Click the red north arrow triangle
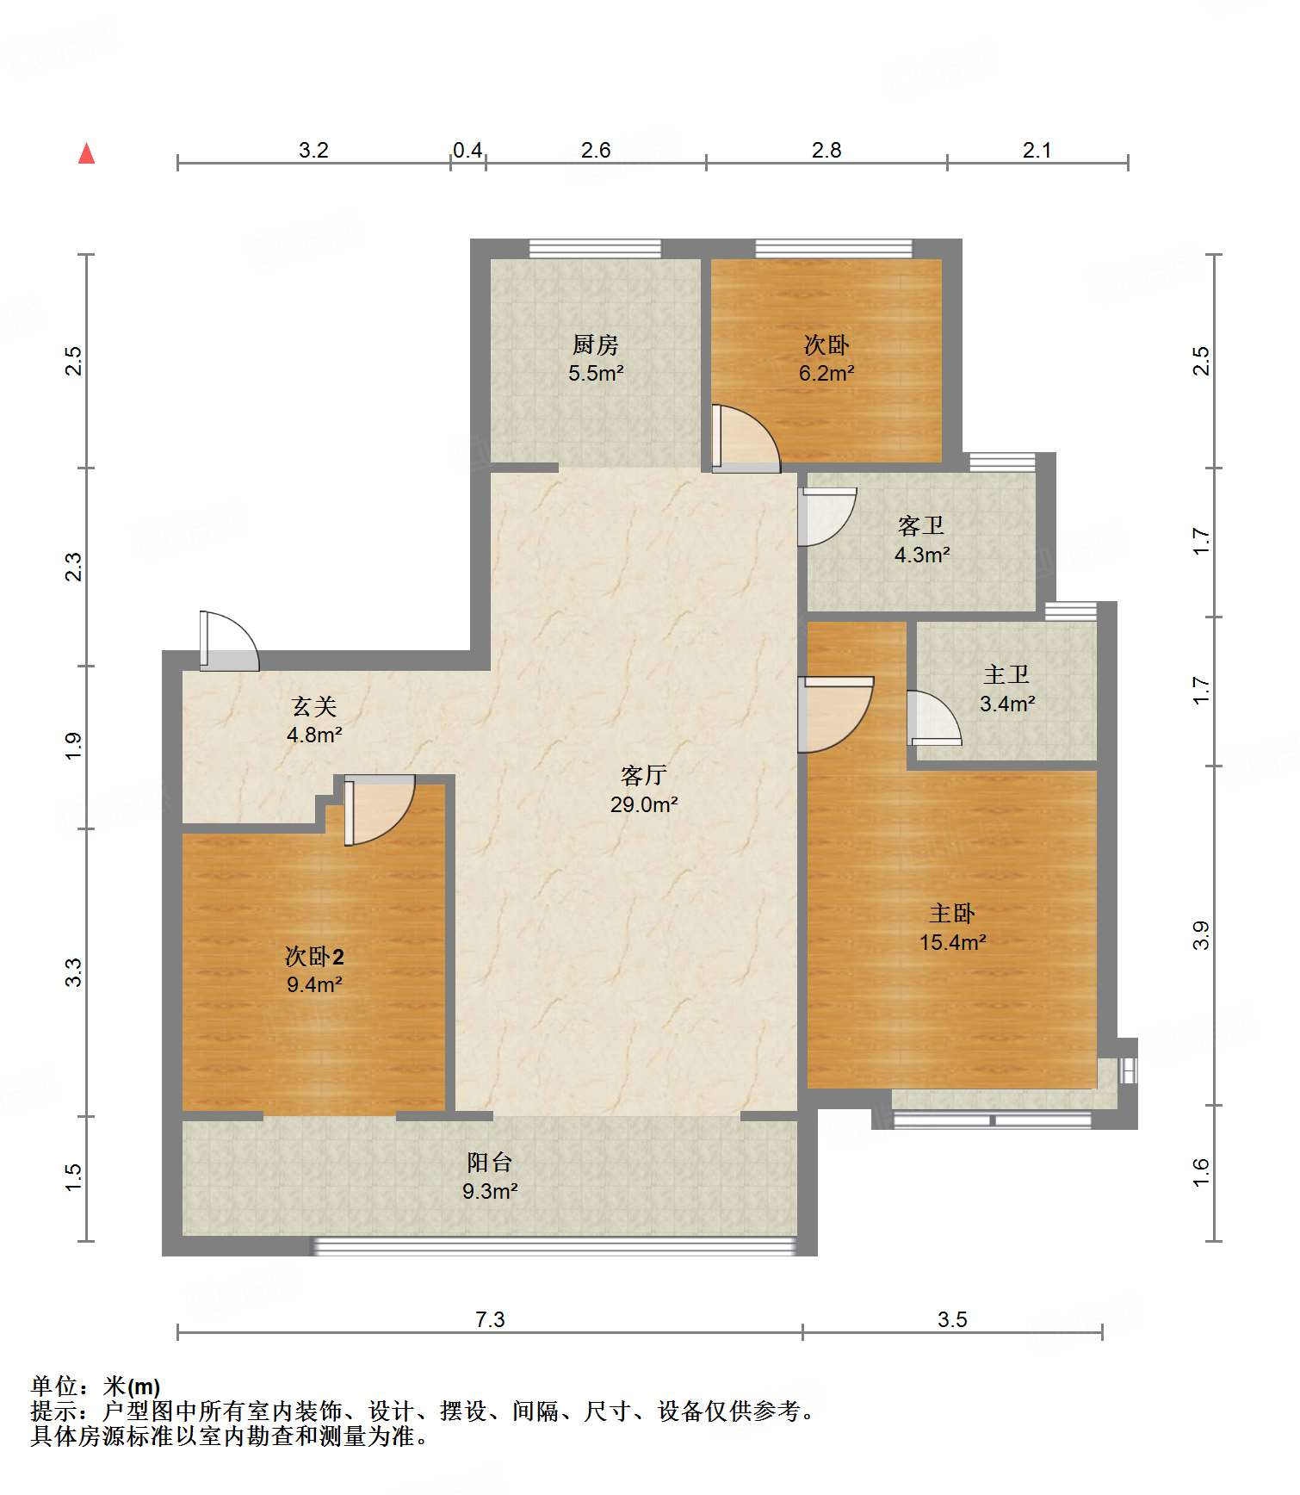[x=86, y=153]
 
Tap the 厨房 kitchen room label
[x=596, y=345]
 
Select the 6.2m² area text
[x=826, y=374]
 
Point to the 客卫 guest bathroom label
[x=921, y=525]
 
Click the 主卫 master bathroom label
[x=1006, y=674]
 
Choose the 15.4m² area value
[x=952, y=942]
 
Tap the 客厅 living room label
[x=643, y=776]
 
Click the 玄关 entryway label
[x=314, y=706]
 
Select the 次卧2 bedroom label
[x=314, y=956]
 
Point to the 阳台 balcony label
[x=490, y=1163]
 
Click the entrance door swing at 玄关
[x=229, y=641]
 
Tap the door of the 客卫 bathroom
[x=827, y=517]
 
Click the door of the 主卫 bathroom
[x=934, y=718]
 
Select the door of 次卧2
[x=379, y=810]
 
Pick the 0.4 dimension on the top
[x=467, y=151]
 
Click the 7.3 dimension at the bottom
[x=490, y=1319]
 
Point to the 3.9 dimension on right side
[x=1201, y=935]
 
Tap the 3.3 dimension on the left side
[x=75, y=972]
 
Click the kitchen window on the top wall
[x=595, y=249]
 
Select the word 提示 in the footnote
[x=53, y=1411]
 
